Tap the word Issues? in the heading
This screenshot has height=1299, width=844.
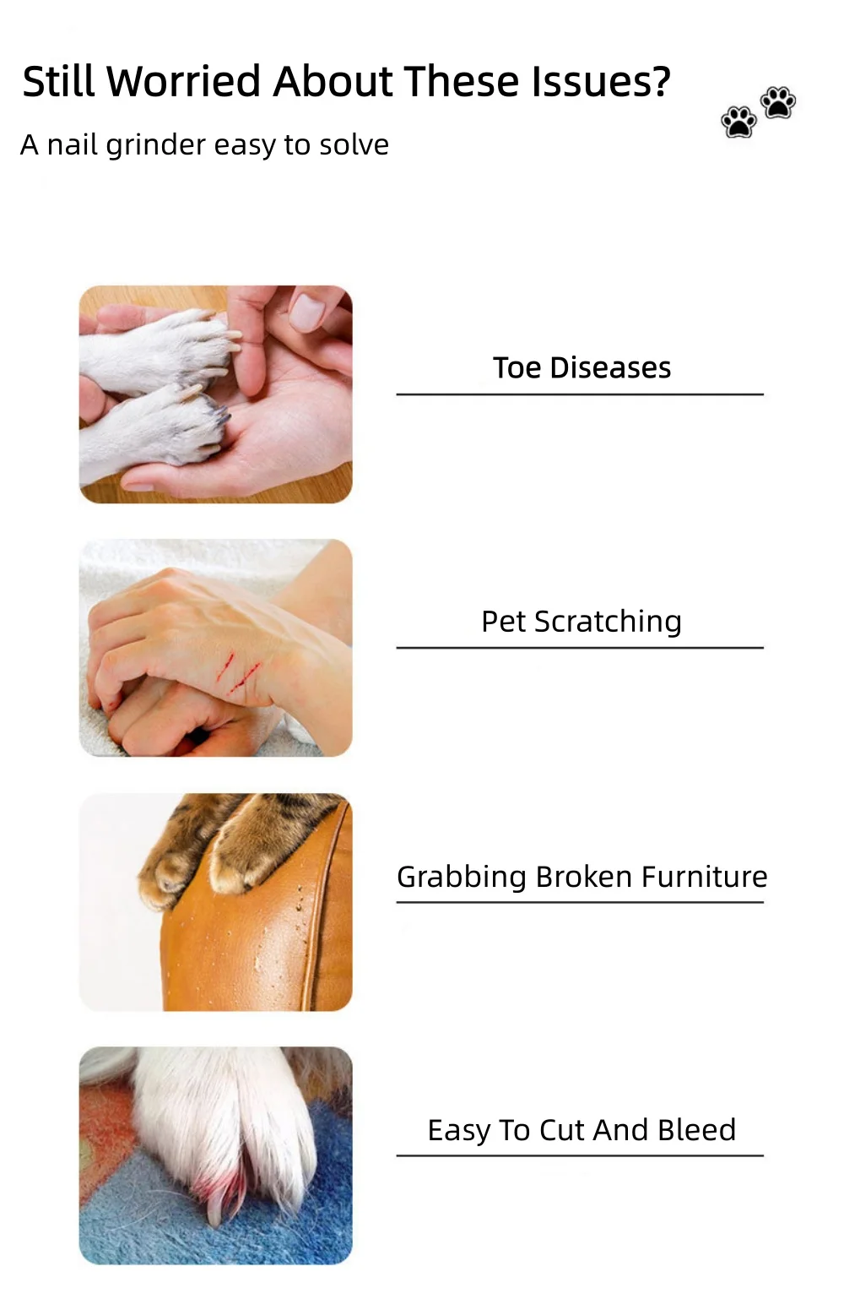point(601,81)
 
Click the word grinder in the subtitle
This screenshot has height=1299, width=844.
point(156,146)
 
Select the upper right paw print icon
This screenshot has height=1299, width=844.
point(778,103)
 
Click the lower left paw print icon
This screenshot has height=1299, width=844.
point(738,122)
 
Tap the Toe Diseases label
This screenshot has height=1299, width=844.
point(582,367)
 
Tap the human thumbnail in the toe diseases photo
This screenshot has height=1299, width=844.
point(306,312)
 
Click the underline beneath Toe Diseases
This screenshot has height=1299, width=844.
point(580,394)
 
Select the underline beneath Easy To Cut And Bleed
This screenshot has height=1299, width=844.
point(580,1155)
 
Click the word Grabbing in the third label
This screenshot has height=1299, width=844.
point(462,878)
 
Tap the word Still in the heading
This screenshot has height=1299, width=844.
point(58,81)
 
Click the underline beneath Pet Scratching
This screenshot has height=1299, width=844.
point(580,648)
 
